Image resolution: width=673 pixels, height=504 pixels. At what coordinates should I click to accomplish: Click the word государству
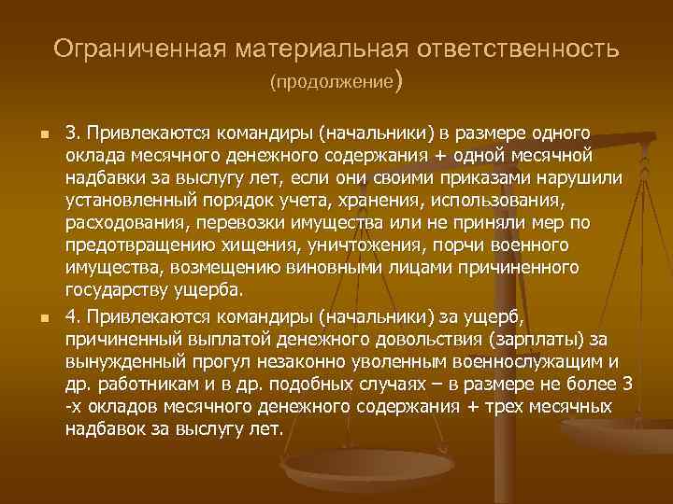120,290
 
